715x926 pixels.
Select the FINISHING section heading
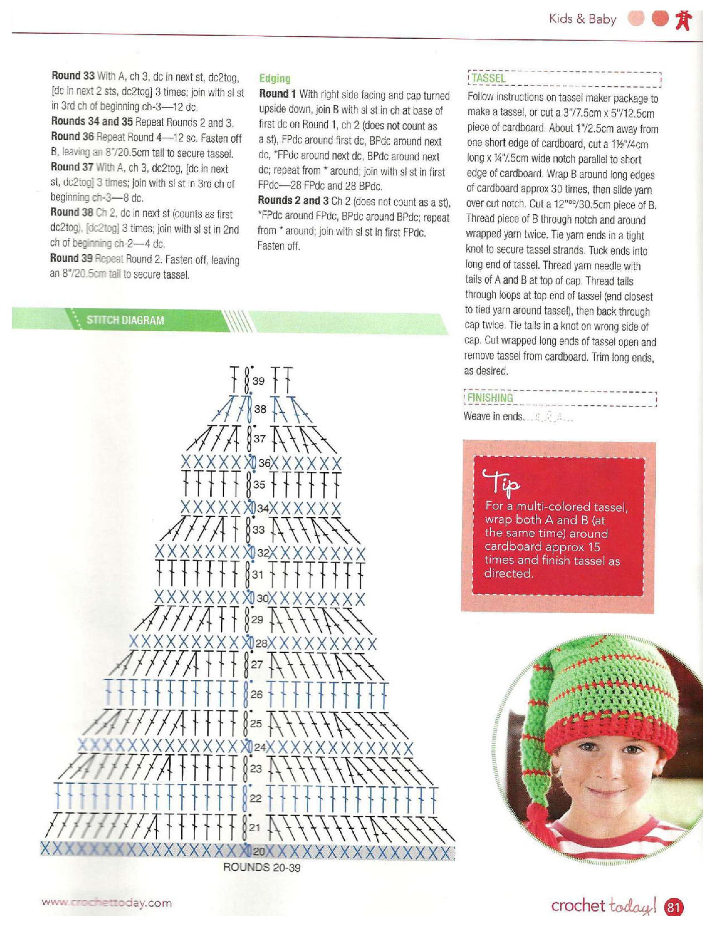pyautogui.click(x=490, y=398)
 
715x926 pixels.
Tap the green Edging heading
pyautogui.click(x=275, y=78)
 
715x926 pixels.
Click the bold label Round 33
pyautogui.click(x=72, y=76)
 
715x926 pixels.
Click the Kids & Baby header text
pyautogui.click(x=583, y=19)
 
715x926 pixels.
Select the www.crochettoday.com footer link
pyautogui.click(x=107, y=903)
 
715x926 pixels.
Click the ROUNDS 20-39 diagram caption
pyautogui.click(x=262, y=867)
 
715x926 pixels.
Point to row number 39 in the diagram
pyautogui.click(x=258, y=381)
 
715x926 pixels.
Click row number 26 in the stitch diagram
pyautogui.click(x=257, y=694)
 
